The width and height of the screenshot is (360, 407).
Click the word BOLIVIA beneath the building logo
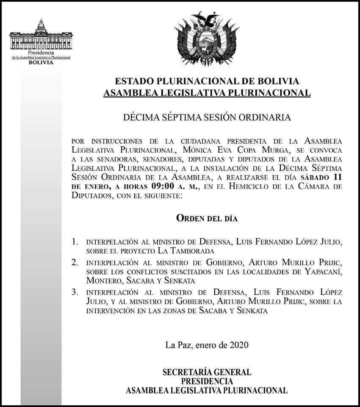(41, 62)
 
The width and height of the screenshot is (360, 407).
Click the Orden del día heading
(207, 219)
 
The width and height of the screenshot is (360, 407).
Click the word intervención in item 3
(115, 311)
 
